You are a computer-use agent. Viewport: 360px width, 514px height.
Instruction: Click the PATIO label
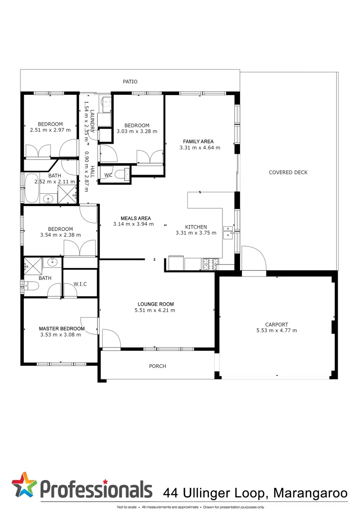coord(130,82)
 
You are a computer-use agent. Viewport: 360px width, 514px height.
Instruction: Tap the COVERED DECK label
coord(288,172)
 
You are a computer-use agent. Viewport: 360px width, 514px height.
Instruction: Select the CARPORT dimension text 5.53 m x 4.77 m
coord(277,330)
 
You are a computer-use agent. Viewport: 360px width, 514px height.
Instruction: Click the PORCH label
coord(158,366)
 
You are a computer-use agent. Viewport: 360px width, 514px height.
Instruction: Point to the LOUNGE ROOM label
coord(156,304)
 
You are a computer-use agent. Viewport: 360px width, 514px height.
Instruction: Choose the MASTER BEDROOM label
coord(61,328)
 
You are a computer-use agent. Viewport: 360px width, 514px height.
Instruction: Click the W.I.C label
coord(80,284)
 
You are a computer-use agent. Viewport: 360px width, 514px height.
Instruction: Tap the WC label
coord(108,175)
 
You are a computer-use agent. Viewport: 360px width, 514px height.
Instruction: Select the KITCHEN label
coord(196,227)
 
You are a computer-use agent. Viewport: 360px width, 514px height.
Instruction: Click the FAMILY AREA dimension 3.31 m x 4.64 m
coord(200,148)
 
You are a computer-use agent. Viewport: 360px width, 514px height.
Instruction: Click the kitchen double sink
coord(229,232)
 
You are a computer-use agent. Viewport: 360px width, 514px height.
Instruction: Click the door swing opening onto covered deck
coord(253,258)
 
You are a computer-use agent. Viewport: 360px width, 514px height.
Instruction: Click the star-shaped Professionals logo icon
coord(24,485)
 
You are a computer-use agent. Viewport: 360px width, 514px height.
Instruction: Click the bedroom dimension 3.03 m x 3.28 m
coord(137,131)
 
